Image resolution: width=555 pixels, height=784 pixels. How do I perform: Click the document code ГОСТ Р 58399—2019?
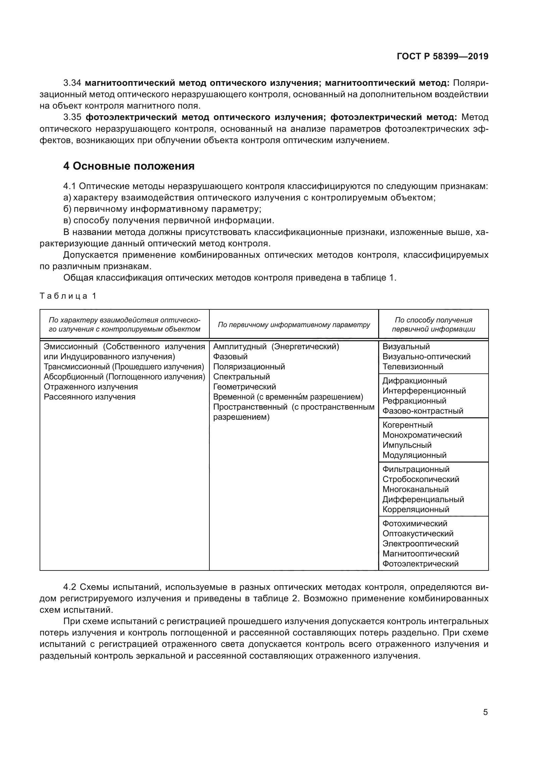coord(443,57)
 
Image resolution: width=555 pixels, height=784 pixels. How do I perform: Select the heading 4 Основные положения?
coord(129,166)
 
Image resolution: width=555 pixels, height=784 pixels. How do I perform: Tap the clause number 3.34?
coord(72,83)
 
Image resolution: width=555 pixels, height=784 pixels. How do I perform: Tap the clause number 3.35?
coord(72,117)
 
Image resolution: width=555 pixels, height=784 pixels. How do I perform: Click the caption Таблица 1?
coord(68,296)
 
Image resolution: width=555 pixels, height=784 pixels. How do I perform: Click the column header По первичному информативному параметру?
coord(294,325)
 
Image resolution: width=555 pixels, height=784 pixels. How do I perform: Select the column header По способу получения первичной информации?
coord(433,325)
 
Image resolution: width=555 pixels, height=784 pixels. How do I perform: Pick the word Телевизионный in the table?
coord(413,367)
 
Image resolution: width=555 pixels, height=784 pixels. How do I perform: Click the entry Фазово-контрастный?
coord(423,411)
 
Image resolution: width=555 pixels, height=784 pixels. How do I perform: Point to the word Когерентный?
coord(407,425)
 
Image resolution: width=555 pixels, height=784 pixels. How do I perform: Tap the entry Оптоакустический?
coord(418,534)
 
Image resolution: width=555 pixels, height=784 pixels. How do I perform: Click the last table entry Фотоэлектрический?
coord(420,564)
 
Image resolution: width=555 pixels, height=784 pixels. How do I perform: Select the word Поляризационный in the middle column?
coord(249,367)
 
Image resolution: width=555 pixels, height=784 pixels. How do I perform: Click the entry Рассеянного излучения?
coord(90,397)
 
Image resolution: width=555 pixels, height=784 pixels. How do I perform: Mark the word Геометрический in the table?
coord(244,387)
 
